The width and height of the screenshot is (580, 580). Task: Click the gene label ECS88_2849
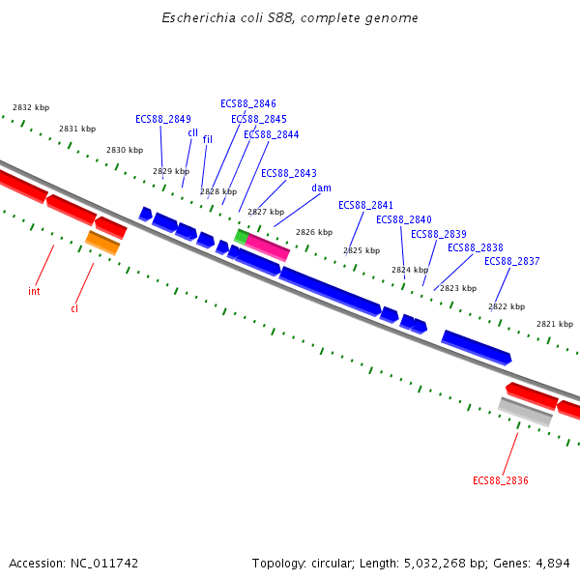(163, 119)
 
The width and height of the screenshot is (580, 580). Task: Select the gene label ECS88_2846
(248, 103)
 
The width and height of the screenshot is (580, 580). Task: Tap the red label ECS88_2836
(500, 480)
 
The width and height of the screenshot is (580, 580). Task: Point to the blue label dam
(322, 188)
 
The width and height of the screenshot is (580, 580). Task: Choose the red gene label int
(34, 291)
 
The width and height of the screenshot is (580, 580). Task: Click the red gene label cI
(74, 308)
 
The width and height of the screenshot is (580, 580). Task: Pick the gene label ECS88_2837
(512, 261)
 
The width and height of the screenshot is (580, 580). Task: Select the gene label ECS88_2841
(366, 205)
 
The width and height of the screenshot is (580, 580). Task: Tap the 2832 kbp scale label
(31, 107)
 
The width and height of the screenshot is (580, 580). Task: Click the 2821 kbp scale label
(555, 324)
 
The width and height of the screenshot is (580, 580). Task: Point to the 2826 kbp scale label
(314, 232)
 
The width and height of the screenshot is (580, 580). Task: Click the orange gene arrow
(102, 243)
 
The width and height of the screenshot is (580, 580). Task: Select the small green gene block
(241, 236)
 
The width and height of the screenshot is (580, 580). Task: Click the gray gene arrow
(525, 411)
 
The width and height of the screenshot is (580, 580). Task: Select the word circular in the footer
(333, 563)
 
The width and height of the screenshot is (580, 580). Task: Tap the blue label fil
(207, 139)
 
